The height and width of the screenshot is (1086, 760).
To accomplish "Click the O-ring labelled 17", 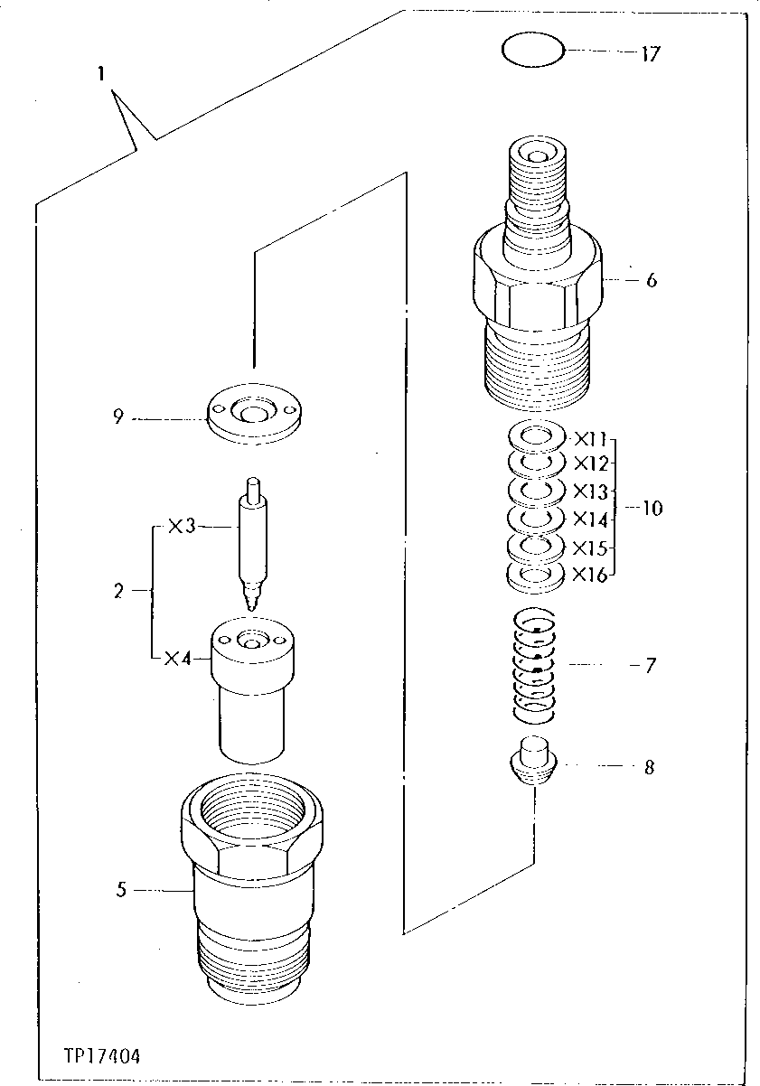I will [x=533, y=51].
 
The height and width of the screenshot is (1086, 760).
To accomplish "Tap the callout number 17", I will [x=650, y=54].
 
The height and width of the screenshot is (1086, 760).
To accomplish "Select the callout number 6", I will [x=651, y=280].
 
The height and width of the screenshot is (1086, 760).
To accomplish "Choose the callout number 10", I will [x=651, y=508].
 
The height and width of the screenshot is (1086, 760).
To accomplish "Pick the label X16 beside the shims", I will [x=590, y=574].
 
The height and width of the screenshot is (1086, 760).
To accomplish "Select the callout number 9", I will [x=117, y=417].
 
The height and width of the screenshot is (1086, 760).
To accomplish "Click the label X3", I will [x=182, y=527].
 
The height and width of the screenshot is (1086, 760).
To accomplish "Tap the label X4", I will [x=181, y=659].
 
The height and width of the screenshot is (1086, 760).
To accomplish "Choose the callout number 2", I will [x=117, y=592].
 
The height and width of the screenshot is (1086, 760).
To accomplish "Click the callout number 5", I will [x=120, y=890].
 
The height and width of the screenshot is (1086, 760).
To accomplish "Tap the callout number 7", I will [x=651, y=667].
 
